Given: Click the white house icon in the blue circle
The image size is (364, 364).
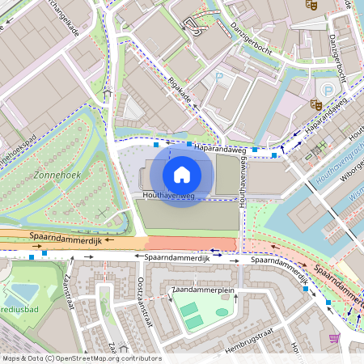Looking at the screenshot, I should point(182,175).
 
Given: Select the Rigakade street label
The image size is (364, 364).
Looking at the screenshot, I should point(180,94).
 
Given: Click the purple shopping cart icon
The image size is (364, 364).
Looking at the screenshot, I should point(335,337).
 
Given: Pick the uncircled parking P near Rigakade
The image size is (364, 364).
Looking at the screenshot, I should point(218,77).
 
